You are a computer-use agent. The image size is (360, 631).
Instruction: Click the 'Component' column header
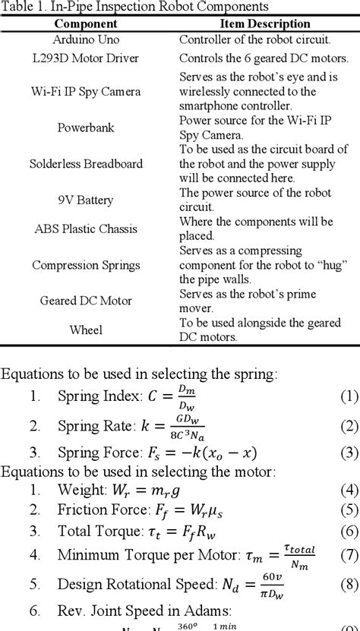(85, 24)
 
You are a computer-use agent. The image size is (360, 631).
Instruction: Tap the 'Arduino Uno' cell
(86, 39)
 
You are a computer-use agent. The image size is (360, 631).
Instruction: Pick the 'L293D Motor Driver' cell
(86, 58)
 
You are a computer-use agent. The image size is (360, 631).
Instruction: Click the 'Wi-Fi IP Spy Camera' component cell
(86, 92)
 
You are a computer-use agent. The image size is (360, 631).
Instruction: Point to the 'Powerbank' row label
(86, 128)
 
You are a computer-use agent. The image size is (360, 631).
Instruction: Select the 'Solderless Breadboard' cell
(86, 164)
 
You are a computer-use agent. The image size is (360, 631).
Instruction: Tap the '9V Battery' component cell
(86, 200)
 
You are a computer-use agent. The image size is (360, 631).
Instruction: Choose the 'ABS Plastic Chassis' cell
(86, 229)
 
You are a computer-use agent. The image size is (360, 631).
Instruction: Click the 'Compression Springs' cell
(86, 265)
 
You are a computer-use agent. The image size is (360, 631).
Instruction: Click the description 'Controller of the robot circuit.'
(254, 39)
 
